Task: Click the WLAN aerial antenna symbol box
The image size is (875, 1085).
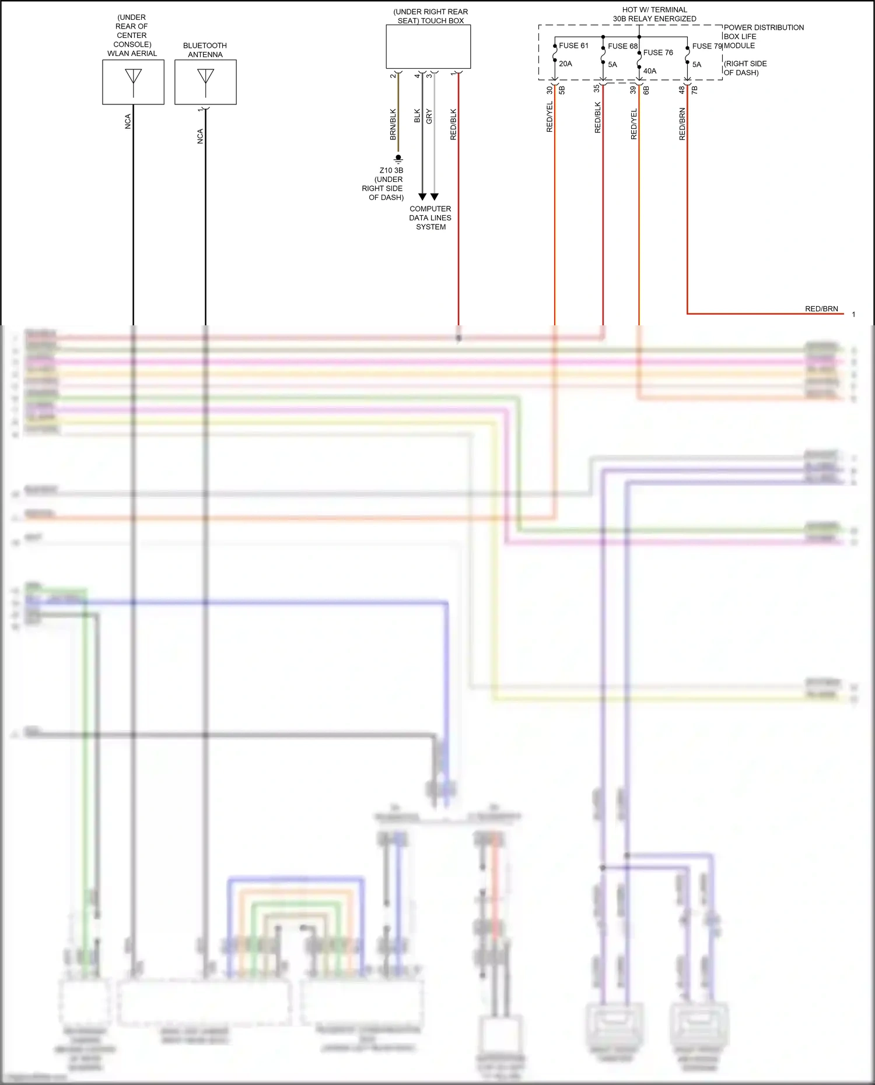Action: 133,82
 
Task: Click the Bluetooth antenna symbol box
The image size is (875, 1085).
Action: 205,82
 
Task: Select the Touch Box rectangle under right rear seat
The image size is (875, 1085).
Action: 428,47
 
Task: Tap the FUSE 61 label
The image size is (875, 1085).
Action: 573,45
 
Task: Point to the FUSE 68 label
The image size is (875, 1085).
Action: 622,46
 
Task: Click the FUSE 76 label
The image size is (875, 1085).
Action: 658,52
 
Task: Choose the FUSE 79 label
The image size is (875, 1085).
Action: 706,46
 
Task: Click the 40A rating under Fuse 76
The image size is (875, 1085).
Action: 650,71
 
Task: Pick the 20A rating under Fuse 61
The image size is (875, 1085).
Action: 565,64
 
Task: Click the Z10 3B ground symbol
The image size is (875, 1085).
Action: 398,159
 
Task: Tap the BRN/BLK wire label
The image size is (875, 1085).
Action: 393,124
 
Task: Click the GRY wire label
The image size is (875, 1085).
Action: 429,116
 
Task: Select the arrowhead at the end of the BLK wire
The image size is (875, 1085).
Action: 422,197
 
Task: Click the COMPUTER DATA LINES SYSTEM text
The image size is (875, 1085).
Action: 430,217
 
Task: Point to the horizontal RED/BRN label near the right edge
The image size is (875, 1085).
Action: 821,309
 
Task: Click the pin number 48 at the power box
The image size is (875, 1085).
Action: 682,90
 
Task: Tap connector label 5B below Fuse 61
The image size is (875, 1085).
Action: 562,90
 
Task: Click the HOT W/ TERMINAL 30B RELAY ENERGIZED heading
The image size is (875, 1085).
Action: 654,14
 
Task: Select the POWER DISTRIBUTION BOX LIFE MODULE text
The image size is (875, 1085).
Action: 764,36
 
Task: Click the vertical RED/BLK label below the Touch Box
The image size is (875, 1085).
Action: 454,124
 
